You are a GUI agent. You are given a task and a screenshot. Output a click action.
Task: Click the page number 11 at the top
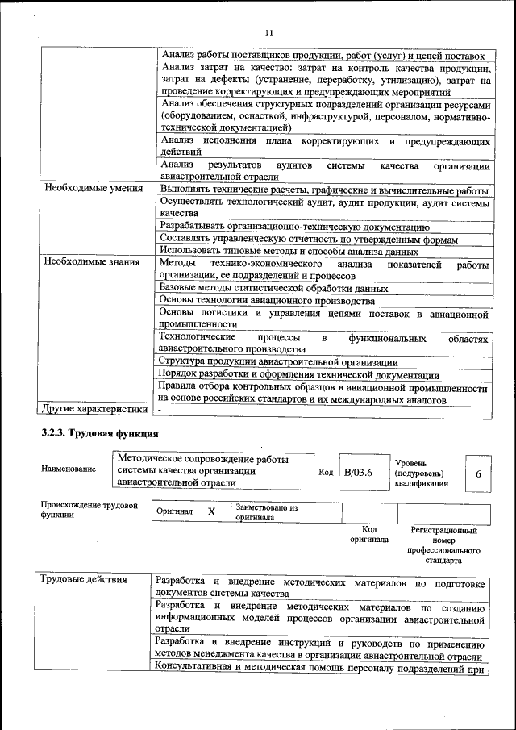pyautogui.click(x=268, y=32)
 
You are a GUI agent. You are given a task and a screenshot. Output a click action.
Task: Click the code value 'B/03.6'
pyautogui.click(x=357, y=473)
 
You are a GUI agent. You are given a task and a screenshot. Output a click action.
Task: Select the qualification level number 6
pyautogui.click(x=477, y=474)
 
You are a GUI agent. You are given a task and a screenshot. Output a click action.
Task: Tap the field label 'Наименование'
pyautogui.click(x=69, y=469)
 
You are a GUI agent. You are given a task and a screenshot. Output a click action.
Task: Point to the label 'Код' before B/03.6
pyautogui.click(x=326, y=473)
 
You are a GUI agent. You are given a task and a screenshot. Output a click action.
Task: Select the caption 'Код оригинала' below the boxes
pyautogui.click(x=369, y=534)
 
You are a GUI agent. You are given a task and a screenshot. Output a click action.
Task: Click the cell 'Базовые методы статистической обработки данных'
pyautogui.click(x=274, y=287)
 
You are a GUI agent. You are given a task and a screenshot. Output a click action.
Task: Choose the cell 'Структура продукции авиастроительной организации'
pyautogui.click(x=277, y=362)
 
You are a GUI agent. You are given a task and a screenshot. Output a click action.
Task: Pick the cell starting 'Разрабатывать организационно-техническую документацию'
pyautogui.click(x=294, y=227)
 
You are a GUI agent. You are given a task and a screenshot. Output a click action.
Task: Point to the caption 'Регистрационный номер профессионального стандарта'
pyautogui.click(x=443, y=544)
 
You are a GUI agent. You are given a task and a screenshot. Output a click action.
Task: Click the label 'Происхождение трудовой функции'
pyautogui.click(x=89, y=511)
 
